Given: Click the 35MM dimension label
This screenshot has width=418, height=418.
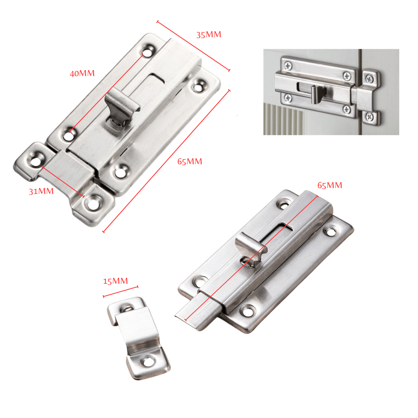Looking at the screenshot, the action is point(209,35).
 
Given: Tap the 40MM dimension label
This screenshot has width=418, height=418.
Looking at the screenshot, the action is point(82,73).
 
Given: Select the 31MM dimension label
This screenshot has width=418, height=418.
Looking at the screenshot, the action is point(41,191).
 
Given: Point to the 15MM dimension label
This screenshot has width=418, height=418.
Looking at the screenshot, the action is point(115,281).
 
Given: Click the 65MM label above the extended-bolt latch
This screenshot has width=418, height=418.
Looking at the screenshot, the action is point(330,185).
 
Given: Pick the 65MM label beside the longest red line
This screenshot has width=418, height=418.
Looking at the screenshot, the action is point(190,161).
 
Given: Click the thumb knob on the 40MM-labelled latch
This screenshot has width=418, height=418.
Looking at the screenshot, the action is point(121,107).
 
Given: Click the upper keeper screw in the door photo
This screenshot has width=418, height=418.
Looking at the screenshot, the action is point(370,79).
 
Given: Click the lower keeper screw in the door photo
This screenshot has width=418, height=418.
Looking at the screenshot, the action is point(370,117).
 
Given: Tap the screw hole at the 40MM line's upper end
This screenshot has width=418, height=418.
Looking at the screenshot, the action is point(147,51).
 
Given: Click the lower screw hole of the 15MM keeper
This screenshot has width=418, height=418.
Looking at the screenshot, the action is point(148,362).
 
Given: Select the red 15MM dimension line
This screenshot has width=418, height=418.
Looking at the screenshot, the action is point(120,291).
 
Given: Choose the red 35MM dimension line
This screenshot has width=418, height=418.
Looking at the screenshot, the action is point(193,46).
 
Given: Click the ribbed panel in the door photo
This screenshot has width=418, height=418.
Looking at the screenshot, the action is point(283,119).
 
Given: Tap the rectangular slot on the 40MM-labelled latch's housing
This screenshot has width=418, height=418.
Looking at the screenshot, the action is point(156,78).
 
